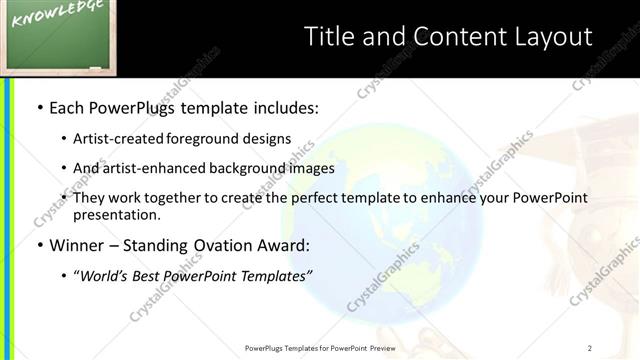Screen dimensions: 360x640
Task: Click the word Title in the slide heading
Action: click(x=330, y=37)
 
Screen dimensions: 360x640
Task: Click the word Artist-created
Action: click(x=119, y=139)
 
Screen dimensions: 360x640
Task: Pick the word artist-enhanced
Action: click(x=153, y=168)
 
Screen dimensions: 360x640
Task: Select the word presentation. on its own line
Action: click(x=116, y=215)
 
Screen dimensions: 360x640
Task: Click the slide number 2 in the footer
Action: click(x=590, y=348)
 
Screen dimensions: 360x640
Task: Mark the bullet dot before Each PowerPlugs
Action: click(x=39, y=106)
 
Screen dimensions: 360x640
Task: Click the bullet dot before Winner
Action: click(x=39, y=246)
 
